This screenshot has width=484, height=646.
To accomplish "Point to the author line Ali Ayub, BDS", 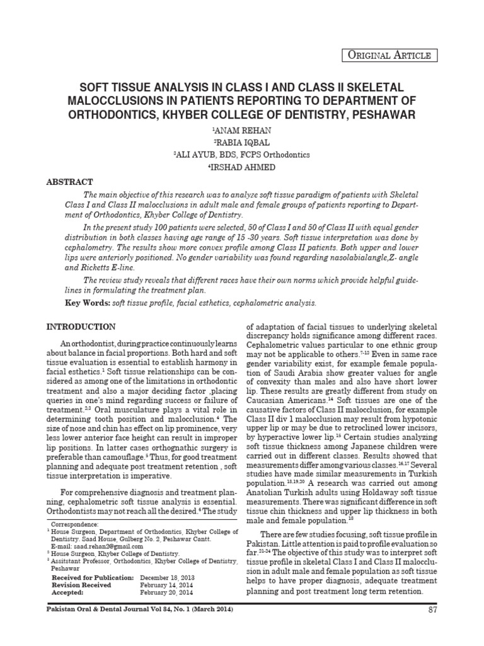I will (x=242, y=155).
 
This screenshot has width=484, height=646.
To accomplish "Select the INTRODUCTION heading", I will (x=82, y=327).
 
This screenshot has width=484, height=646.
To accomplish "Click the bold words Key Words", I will (x=88, y=303).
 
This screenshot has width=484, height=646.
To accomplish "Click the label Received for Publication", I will (x=93, y=578).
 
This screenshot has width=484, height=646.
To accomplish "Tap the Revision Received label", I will (x=81, y=585).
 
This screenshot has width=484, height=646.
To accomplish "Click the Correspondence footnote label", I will (x=75, y=524).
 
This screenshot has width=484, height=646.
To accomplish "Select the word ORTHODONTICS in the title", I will (x=116, y=115).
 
